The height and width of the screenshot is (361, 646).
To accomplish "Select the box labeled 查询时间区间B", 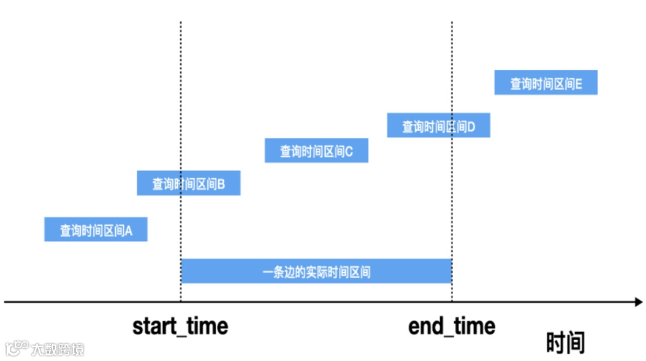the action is [188, 183].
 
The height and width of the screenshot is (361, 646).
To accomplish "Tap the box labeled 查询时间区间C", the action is [316, 150].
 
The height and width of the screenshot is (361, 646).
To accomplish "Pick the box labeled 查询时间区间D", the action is [438, 125].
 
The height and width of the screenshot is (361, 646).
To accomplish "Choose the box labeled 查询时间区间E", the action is [545, 83].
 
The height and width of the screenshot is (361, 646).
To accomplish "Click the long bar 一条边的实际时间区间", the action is [316, 271].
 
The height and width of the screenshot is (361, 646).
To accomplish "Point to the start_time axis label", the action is [180, 326].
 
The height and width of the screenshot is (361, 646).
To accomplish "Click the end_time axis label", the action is [452, 326].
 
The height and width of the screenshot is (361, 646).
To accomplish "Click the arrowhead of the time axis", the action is [638, 302].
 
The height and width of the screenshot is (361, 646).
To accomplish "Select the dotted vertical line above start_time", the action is [181, 92].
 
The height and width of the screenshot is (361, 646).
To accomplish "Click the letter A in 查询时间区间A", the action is [129, 231].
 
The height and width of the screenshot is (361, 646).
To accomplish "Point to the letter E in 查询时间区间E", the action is [579, 84].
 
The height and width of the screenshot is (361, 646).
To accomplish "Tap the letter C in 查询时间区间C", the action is [349, 151].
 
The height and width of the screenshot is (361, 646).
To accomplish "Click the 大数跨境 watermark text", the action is [58, 349].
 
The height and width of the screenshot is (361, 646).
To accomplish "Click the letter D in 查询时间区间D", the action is [471, 127].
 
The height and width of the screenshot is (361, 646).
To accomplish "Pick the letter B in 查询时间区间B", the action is [221, 184].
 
